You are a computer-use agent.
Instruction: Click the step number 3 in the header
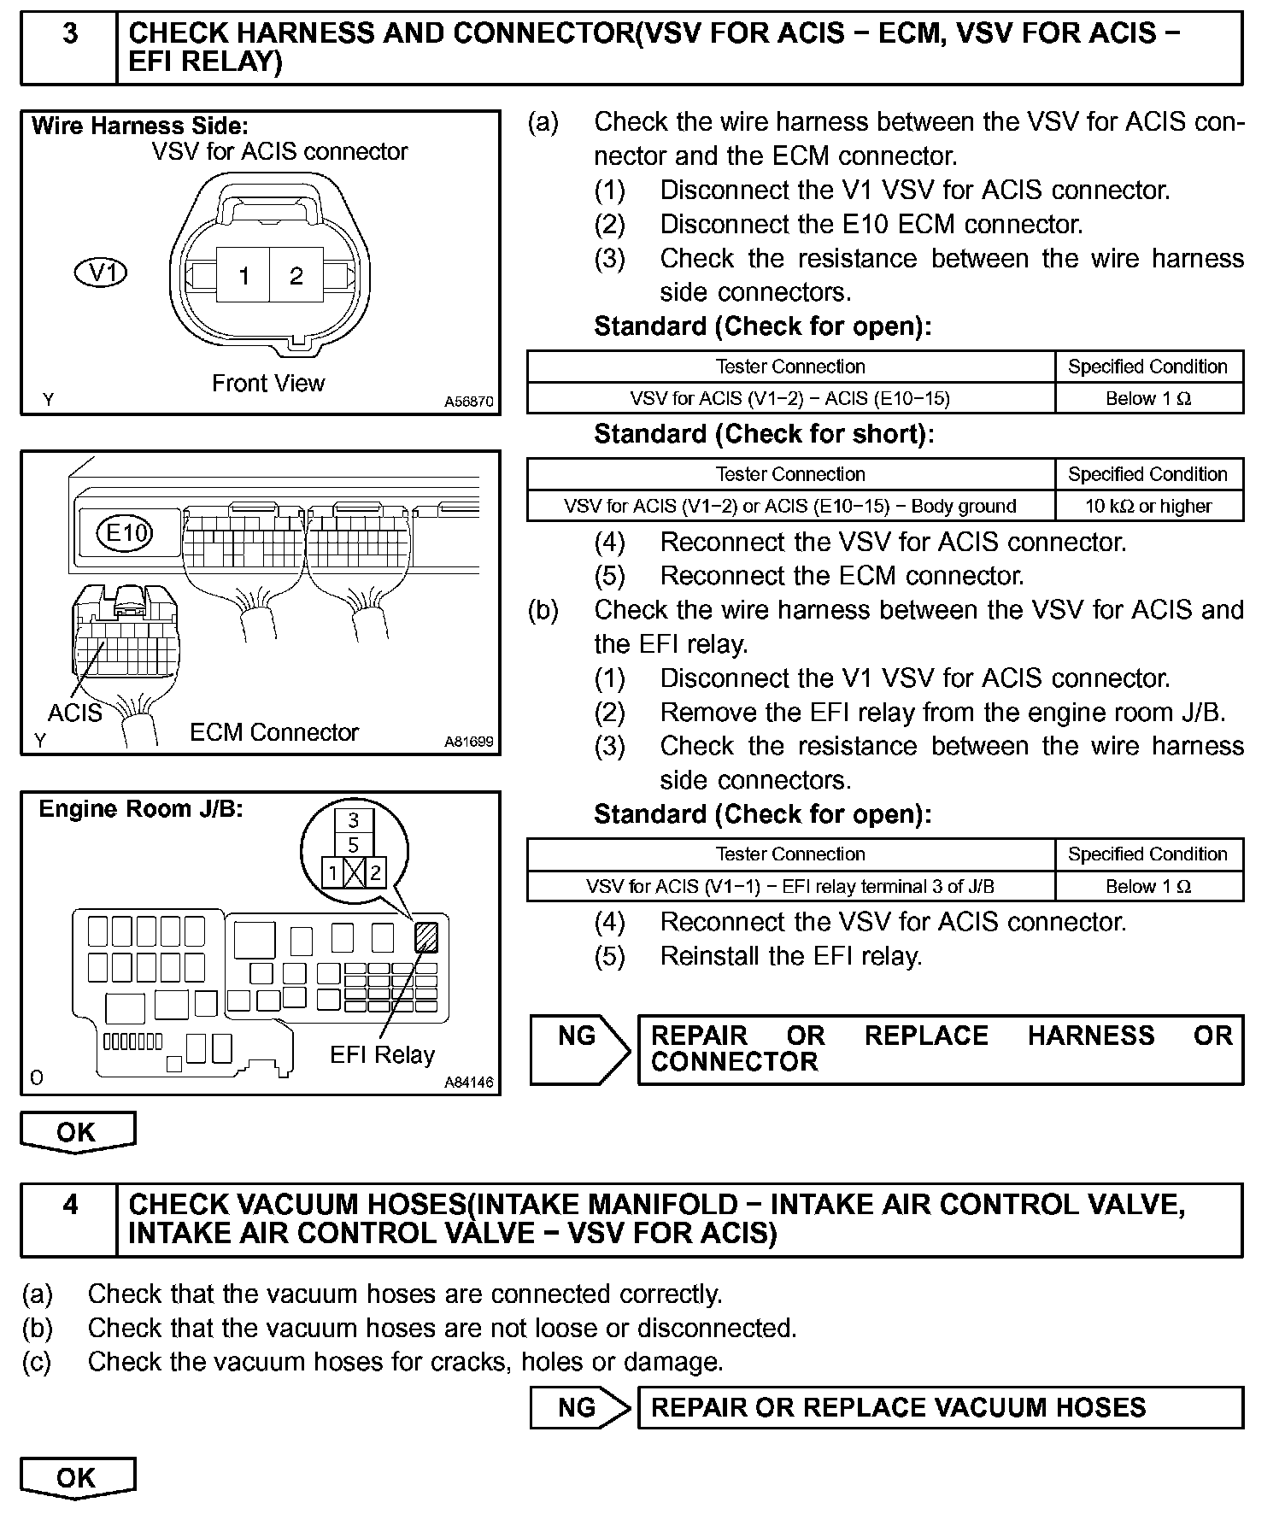70,34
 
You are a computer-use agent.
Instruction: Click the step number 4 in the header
70,1205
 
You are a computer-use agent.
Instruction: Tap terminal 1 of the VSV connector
244,276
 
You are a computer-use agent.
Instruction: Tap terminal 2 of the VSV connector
296,276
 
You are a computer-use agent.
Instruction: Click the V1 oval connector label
102,273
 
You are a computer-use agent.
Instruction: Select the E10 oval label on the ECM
126,534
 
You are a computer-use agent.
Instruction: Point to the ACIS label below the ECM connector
74,713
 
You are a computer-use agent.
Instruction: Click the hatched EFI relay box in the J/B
425,937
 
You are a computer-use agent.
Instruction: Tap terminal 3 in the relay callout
354,821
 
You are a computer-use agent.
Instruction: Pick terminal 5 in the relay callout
354,846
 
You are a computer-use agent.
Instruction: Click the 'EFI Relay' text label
382,1055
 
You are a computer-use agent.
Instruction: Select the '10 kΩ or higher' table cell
1148,506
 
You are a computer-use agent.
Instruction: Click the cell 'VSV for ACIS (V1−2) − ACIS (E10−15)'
790,398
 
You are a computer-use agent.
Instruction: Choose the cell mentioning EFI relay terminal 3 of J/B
790,886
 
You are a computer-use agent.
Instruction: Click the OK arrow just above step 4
77,1132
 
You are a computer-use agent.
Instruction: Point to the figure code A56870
468,402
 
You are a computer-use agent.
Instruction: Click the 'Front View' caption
268,384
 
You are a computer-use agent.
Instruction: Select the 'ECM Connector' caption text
274,732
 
